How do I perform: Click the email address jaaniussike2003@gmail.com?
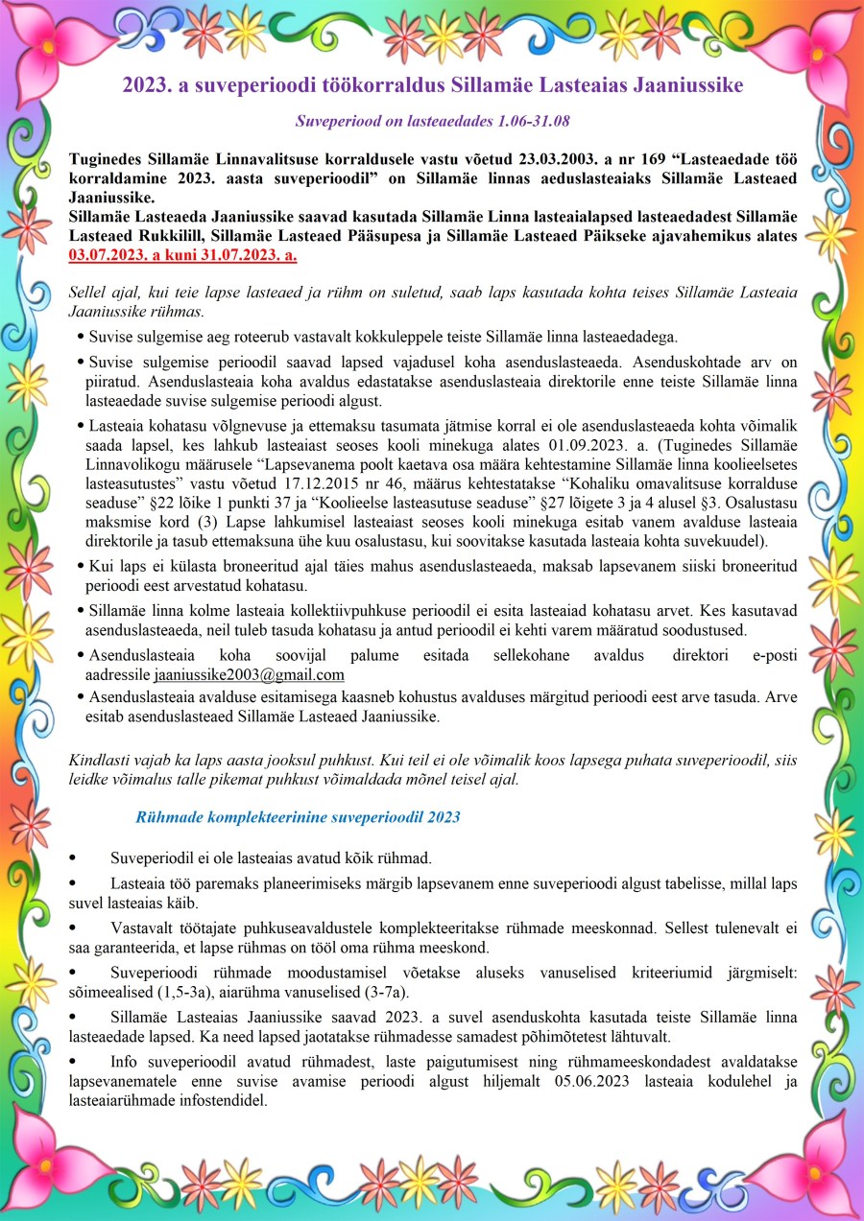coord(249,674)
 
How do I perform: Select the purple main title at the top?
coord(432,85)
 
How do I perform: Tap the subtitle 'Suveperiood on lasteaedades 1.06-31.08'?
coord(432,122)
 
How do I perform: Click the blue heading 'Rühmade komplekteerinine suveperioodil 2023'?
coord(298,817)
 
